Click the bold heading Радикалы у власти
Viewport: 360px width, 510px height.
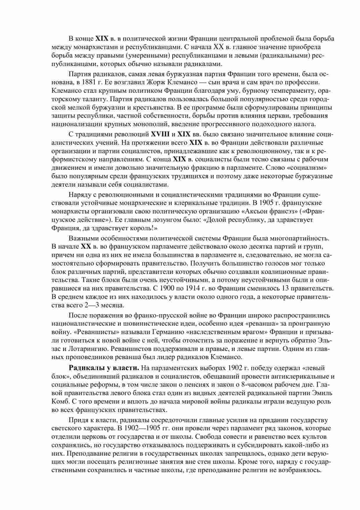104,368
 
